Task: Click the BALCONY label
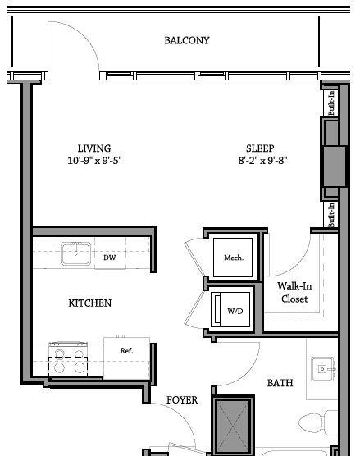[187, 40]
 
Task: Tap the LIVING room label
[94, 148]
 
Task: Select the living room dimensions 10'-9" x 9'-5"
[94, 160]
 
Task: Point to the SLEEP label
[260, 148]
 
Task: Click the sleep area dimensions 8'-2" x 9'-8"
[263, 160]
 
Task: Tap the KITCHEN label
[90, 303]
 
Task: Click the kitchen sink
[75, 253]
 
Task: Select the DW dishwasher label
[110, 258]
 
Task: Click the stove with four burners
[68, 359]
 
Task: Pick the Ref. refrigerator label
[127, 351]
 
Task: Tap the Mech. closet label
[234, 258]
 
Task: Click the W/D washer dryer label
[235, 311]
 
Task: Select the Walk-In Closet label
[294, 292]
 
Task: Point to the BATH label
[280, 383]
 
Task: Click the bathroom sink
[323, 369]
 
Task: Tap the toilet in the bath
[317, 422]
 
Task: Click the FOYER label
[182, 400]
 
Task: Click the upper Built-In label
[331, 103]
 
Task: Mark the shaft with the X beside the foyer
[234, 425]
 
